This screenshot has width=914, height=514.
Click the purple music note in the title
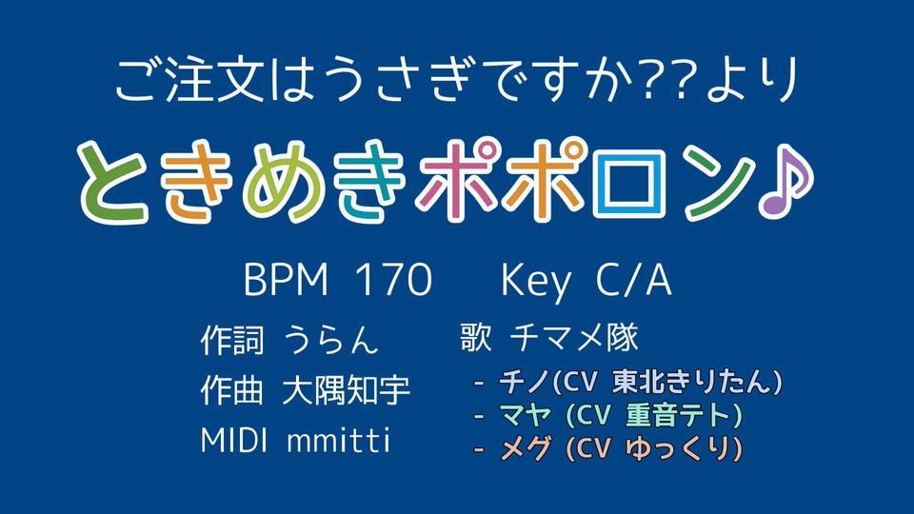click(x=784, y=181)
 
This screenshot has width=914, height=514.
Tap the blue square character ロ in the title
click(x=629, y=182)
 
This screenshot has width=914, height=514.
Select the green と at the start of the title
click(x=113, y=183)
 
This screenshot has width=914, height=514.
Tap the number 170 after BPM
click(x=394, y=280)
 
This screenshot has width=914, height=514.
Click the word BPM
click(x=286, y=280)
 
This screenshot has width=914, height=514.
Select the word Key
click(x=536, y=282)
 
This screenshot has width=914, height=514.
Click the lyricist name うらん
click(x=330, y=339)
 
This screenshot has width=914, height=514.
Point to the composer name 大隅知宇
click(x=347, y=390)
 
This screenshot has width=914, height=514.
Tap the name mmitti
click(x=339, y=440)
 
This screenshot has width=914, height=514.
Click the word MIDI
click(x=234, y=440)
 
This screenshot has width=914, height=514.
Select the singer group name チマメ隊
click(x=574, y=337)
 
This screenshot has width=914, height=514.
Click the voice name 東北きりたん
click(x=693, y=382)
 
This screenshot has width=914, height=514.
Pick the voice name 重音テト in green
click(x=678, y=415)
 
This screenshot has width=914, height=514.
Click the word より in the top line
click(x=751, y=80)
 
